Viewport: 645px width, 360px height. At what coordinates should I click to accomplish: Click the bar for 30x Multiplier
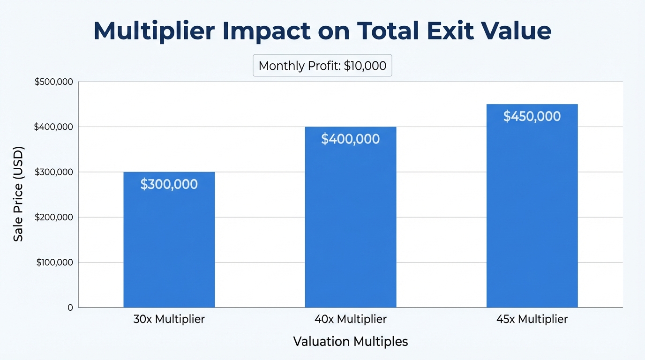(169, 244)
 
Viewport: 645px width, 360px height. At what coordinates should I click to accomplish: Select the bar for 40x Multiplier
(350, 225)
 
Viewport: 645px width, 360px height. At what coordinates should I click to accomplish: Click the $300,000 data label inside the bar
(169, 184)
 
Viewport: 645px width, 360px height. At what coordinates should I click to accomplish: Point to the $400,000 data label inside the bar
(350, 139)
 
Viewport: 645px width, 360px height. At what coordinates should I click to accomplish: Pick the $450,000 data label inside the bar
(532, 116)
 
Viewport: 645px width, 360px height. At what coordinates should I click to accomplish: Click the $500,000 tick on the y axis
(54, 82)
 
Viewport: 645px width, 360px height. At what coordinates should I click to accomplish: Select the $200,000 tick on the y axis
(54, 217)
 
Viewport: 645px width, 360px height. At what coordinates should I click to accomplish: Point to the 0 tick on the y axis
(70, 307)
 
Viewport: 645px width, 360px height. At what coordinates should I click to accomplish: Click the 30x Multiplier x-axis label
(169, 320)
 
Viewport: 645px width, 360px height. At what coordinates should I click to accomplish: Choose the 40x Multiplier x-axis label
(350, 320)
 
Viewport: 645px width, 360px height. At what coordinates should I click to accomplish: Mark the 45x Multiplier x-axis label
(532, 320)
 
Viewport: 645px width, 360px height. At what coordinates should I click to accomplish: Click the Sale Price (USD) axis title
(18, 194)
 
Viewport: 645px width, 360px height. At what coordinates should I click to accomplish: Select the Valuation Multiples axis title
(350, 342)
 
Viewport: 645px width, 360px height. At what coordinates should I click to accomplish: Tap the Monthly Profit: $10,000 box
(322, 66)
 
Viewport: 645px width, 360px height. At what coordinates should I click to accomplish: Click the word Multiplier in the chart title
(155, 31)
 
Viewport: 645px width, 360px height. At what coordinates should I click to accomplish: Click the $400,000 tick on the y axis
(54, 127)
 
